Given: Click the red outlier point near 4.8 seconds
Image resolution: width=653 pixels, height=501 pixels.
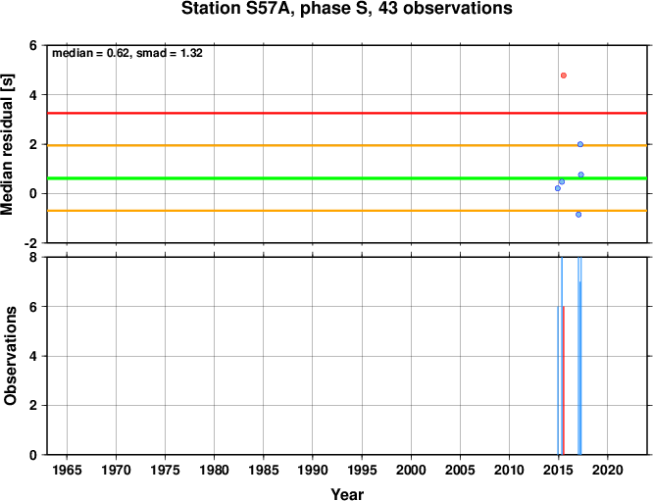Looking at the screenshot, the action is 564,75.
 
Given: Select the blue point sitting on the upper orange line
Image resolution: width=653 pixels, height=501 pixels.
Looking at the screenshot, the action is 580,144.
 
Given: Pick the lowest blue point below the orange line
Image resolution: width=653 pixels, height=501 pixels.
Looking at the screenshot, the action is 578,215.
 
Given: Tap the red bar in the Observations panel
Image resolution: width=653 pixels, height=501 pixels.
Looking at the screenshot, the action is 564,380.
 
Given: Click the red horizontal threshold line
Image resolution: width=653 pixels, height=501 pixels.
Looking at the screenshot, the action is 347,113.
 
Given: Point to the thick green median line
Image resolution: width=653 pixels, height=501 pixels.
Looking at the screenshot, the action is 347,178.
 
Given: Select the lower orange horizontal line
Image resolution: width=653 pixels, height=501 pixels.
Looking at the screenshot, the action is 347,211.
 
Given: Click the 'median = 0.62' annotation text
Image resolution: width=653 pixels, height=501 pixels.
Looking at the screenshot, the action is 90,53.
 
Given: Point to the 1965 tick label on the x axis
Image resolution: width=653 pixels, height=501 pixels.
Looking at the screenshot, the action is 67,471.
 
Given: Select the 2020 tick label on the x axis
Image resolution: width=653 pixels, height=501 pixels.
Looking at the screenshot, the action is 608,471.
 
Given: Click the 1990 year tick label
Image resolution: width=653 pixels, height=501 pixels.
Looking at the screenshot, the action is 313,471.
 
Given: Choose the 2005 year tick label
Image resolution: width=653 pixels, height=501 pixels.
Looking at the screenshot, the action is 460,471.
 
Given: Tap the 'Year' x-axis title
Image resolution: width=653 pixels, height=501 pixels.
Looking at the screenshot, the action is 347,494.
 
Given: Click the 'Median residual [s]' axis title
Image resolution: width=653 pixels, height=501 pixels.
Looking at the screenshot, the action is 8,144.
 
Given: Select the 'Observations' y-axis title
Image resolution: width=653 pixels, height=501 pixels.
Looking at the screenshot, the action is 10,355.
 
